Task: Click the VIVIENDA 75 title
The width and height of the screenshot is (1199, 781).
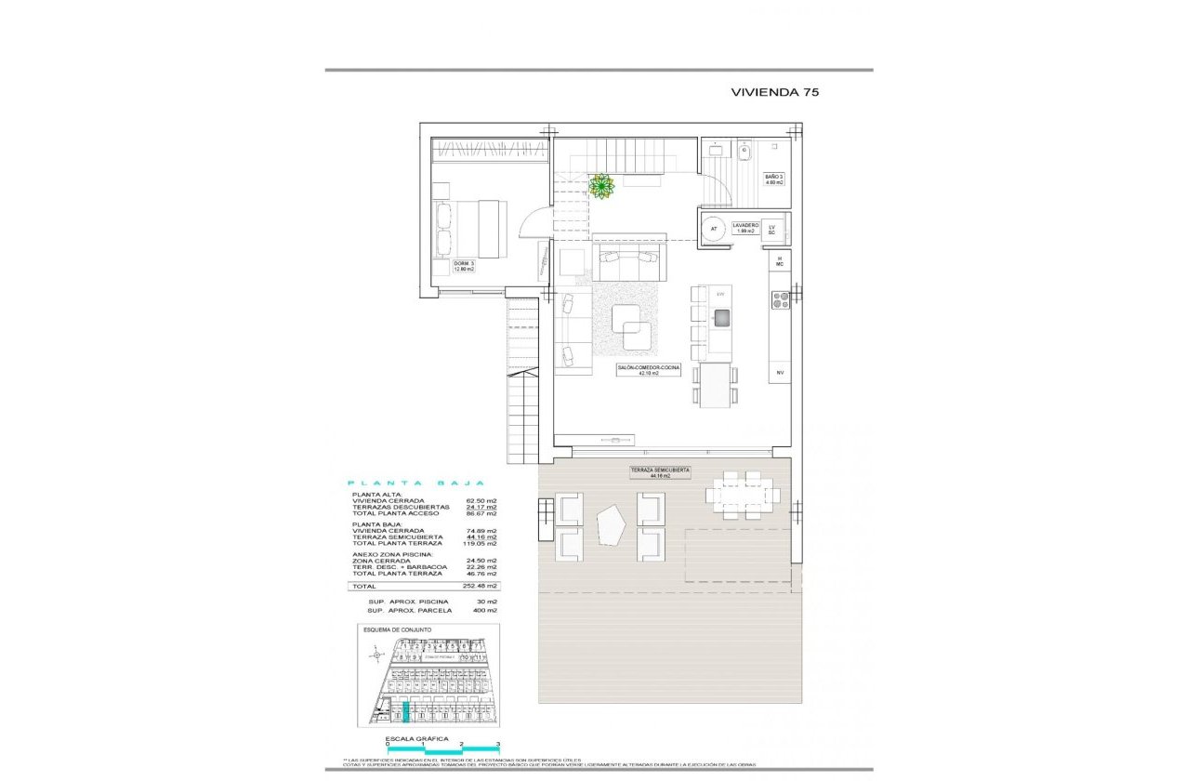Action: [x=774, y=92]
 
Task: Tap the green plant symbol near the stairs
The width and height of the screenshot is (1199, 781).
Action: [x=602, y=187]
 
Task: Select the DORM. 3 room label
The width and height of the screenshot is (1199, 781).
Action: [x=464, y=266]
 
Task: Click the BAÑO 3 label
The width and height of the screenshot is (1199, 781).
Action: [x=774, y=179]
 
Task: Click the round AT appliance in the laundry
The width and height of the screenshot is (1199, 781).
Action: [x=714, y=228]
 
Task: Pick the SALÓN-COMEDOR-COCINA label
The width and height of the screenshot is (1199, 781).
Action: [x=648, y=370]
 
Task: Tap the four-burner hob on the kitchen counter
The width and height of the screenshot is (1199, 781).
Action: [x=780, y=299]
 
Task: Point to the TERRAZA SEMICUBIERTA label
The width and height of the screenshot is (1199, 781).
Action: [x=659, y=472]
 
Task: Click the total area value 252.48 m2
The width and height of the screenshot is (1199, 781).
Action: [x=481, y=587]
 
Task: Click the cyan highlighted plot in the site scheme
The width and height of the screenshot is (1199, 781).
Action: [x=405, y=713]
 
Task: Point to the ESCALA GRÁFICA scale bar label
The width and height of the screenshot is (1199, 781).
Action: [x=410, y=738]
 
